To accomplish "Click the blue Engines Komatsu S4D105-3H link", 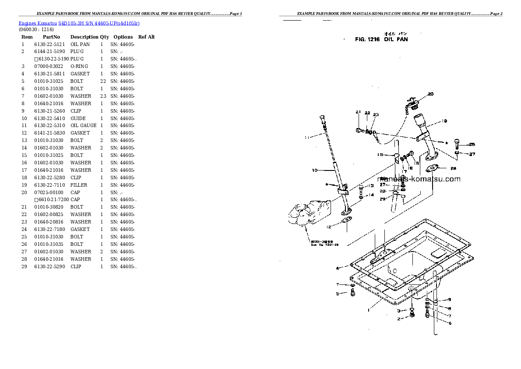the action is tap(79, 22).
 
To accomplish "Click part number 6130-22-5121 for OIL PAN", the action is tap(49, 44).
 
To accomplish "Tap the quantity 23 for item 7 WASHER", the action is tap(103, 96).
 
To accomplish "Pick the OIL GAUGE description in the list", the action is tap(83, 125).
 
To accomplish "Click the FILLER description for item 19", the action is tap(79, 185).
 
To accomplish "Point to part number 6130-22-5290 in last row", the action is tap(49, 266).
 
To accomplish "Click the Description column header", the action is tap(84, 37).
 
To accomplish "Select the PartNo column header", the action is tap(51, 37).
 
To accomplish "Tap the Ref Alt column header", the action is tap(146, 37).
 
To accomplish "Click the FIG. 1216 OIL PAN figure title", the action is tap(381, 39).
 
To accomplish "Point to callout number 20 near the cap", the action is tap(430, 94).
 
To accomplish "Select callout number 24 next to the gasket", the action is tap(453, 168).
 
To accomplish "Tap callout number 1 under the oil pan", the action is tap(369, 310).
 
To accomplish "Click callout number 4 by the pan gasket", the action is tap(338, 268).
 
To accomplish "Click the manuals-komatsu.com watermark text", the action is tap(419, 179).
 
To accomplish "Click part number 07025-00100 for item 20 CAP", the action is tap(49, 192).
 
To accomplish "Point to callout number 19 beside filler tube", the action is tap(444, 121).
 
